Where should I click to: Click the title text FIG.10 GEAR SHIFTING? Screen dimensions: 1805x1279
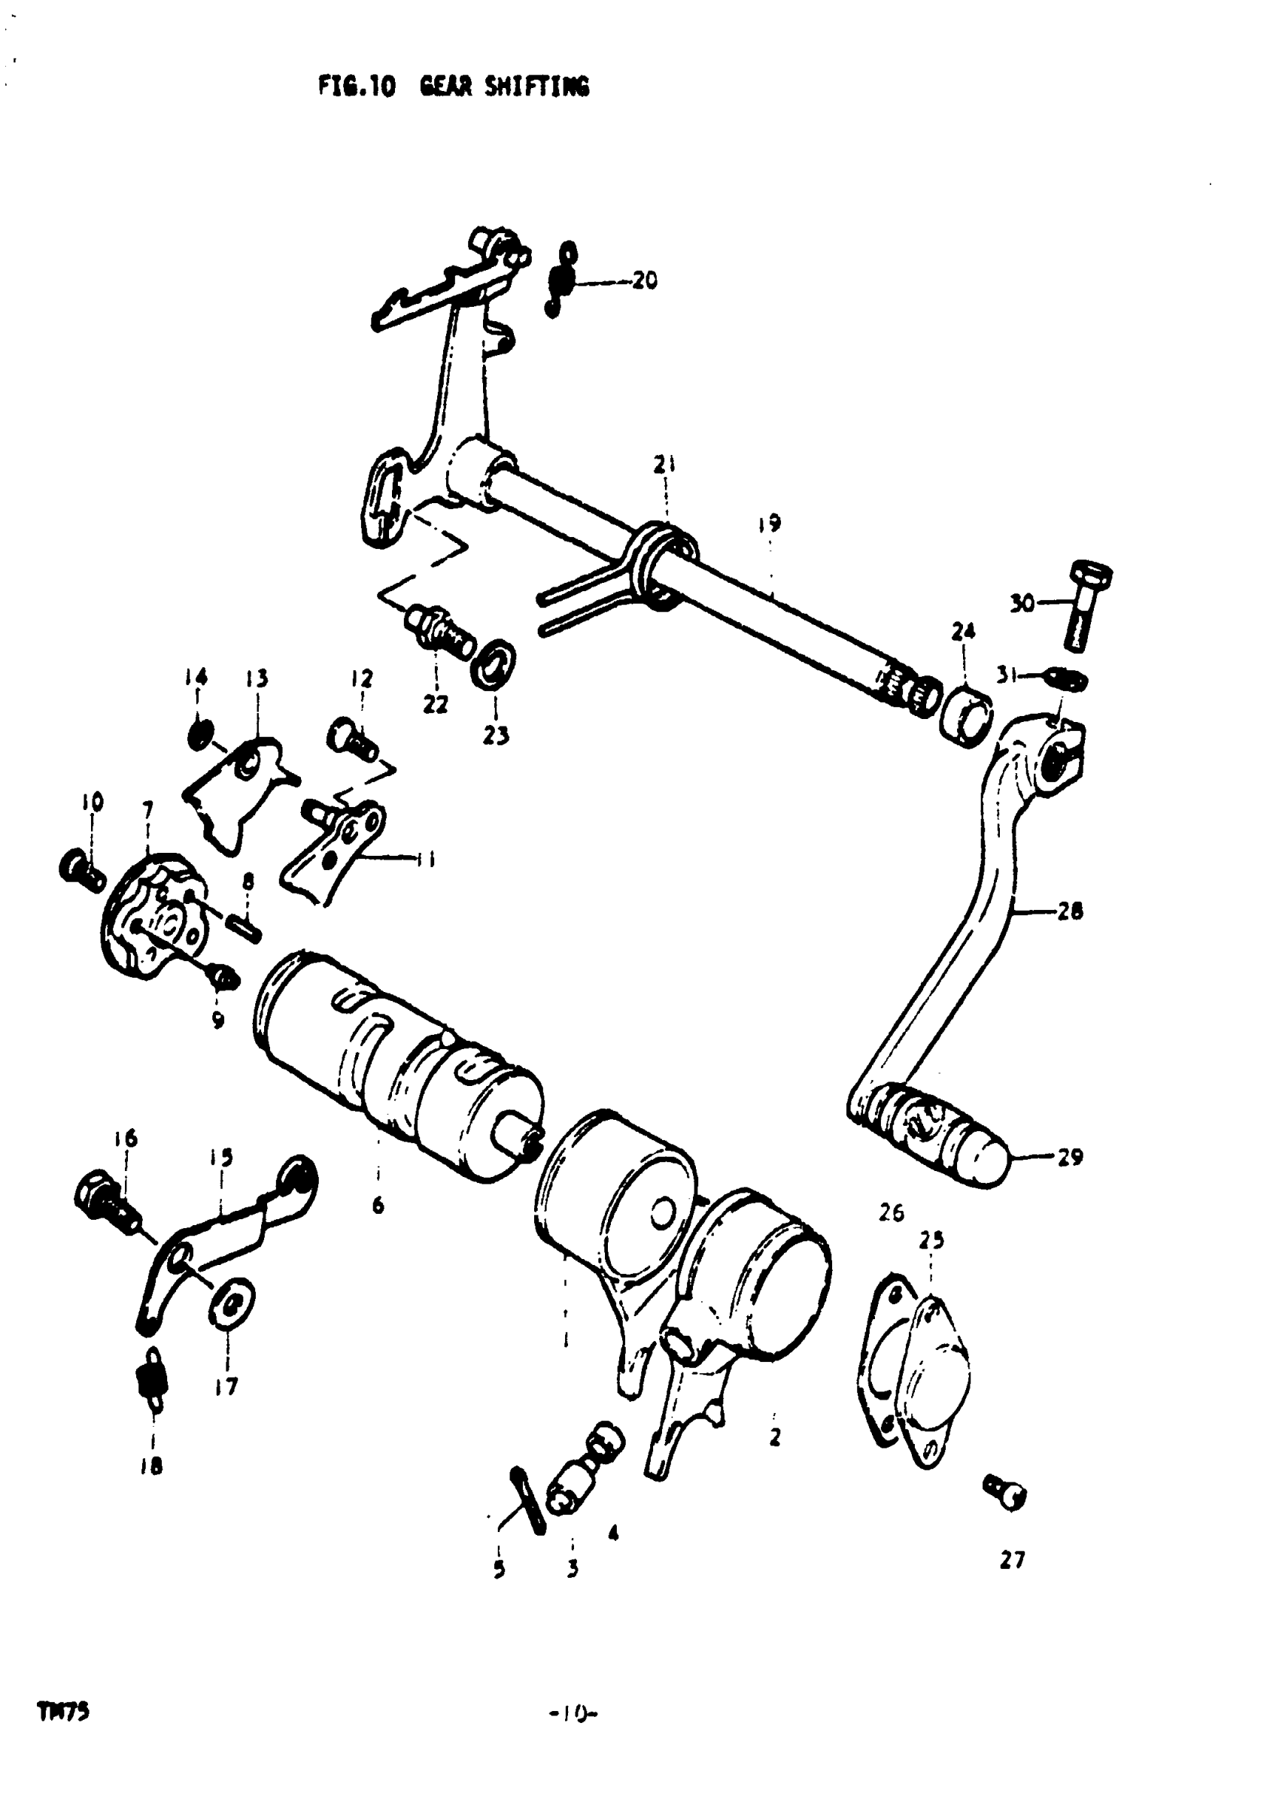point(453,86)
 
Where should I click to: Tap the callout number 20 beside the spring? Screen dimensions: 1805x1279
point(644,281)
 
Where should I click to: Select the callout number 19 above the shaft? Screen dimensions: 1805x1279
point(770,523)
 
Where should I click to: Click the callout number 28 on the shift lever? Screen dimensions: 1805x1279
point(1070,912)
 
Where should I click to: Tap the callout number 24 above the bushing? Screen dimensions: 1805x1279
point(963,631)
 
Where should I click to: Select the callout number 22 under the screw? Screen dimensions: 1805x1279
point(436,704)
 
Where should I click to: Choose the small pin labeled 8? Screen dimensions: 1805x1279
point(245,925)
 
